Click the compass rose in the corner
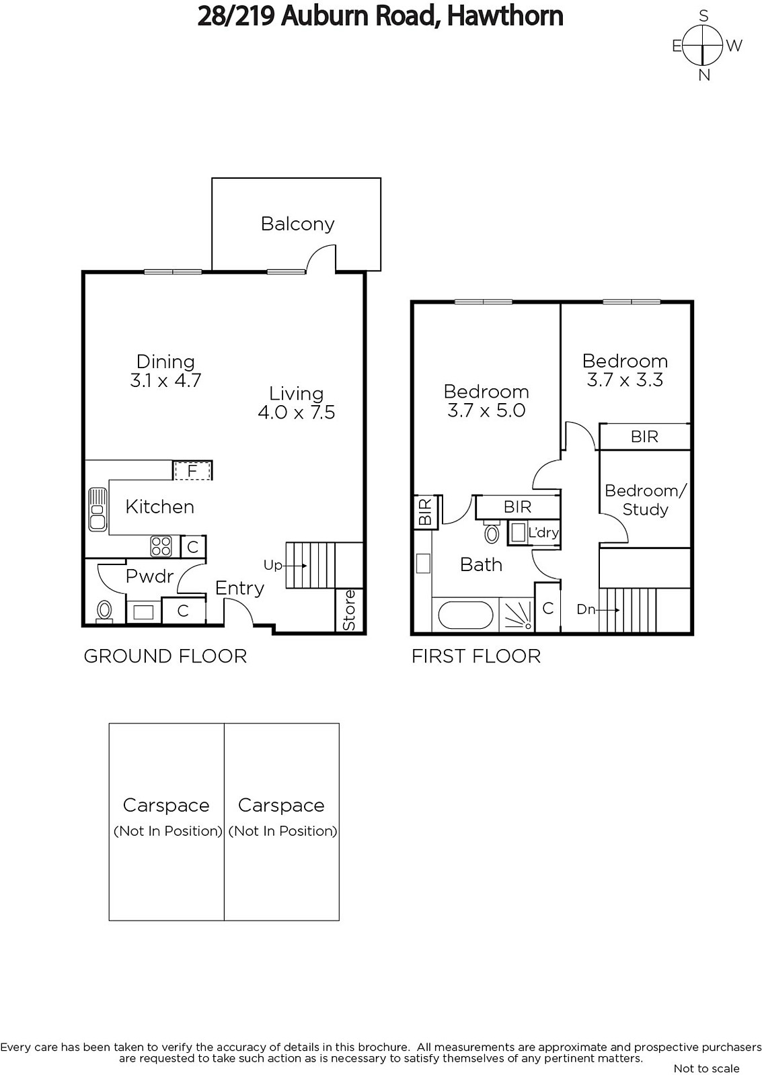703,46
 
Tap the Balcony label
297,224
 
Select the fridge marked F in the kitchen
192,471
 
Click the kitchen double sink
98,509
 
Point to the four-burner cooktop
161,546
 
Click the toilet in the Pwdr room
104,611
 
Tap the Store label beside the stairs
349,610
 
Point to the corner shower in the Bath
517,614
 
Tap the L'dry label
543,533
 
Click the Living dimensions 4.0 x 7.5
297,413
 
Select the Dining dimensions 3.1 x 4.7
165,380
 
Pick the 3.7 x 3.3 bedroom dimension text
625,380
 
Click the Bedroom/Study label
646,500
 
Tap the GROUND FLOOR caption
165,656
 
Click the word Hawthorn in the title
505,16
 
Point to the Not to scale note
706,1068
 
